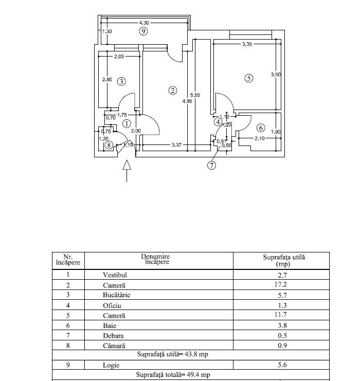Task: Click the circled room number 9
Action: [143, 31]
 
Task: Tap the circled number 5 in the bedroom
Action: [249, 78]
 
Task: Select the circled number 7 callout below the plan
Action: [212, 165]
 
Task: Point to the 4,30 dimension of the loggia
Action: [144, 23]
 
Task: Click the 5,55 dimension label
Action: [195, 95]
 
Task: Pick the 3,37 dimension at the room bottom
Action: [176, 145]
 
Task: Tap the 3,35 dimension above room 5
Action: [247, 44]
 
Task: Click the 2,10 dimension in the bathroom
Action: [259, 138]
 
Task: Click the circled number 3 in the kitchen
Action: [121, 81]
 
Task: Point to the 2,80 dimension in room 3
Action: [107, 80]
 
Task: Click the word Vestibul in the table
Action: [115, 275]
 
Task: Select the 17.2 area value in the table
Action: [280, 284]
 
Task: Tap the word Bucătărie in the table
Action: [116, 295]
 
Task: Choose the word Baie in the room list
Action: [110, 325]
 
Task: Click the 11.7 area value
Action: [280, 315]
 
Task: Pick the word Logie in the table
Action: [111, 365]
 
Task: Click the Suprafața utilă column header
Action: [284, 261]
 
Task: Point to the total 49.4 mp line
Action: [173, 375]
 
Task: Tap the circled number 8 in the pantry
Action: [109, 146]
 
